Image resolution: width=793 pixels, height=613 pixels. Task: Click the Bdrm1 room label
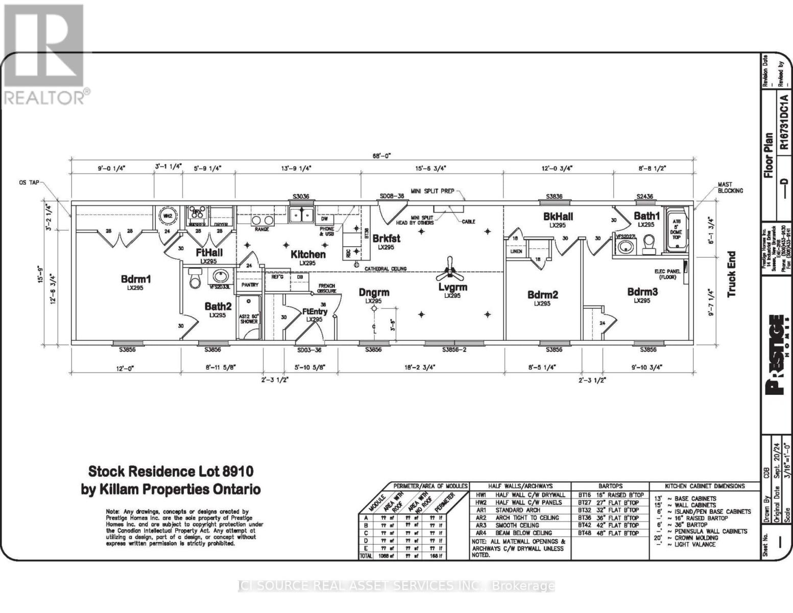[x=135, y=279]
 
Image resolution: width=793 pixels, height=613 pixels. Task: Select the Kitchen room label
[x=308, y=254]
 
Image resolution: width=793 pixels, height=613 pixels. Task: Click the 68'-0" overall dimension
[x=382, y=156]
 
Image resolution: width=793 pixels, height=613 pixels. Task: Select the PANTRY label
[x=250, y=285]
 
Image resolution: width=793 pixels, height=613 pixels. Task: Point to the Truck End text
[x=731, y=274]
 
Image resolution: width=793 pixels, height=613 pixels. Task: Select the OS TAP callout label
[x=28, y=182]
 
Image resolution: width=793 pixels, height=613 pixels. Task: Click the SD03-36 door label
[x=309, y=350]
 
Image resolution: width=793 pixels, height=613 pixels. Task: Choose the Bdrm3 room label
[x=642, y=292]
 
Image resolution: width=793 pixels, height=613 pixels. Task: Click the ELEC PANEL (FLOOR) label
[x=667, y=274]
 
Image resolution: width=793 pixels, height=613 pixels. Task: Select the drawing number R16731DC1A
[x=784, y=122]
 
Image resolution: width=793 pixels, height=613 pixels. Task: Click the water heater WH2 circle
[x=167, y=216]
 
